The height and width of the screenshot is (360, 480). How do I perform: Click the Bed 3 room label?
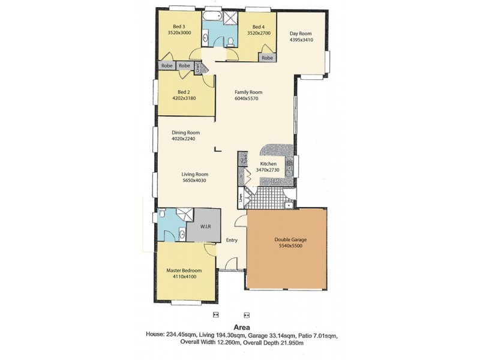point(178,26)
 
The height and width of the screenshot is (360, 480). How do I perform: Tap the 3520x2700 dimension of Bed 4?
point(258,34)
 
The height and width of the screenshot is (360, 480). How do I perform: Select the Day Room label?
point(301,34)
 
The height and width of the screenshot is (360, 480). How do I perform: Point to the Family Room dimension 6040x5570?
point(248,99)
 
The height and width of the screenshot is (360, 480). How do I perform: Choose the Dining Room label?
point(185,133)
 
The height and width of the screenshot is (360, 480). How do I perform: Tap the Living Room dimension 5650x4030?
point(198,181)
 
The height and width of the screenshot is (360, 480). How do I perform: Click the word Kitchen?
point(268,164)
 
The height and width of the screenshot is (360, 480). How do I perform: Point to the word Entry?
point(232,241)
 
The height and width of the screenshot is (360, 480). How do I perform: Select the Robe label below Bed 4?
point(267,58)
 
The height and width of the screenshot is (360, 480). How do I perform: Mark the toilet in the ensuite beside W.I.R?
point(163,215)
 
